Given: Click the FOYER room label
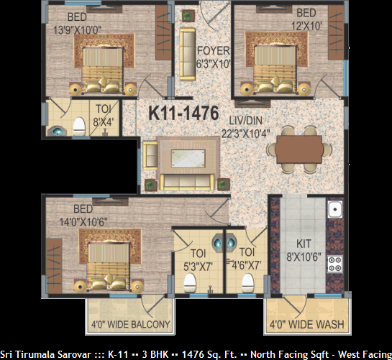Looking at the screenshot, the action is [x=213, y=51].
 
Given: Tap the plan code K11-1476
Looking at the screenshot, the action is [x=183, y=114].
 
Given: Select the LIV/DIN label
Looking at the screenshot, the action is [x=246, y=121].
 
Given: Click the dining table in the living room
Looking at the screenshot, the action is [x=298, y=149].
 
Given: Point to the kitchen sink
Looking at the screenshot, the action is [x=335, y=209].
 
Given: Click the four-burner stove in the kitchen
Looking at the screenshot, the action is [x=335, y=264].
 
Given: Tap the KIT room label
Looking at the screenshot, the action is [x=304, y=244].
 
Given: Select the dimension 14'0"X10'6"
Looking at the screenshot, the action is [x=83, y=221].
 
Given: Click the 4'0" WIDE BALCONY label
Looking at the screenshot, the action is [x=130, y=324].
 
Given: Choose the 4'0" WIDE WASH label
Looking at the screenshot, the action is [x=306, y=324].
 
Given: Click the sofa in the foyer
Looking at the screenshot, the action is [x=188, y=54].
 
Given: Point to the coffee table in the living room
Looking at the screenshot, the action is [x=188, y=159].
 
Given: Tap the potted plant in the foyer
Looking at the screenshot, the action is [x=188, y=16].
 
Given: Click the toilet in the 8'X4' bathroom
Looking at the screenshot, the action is [x=79, y=126].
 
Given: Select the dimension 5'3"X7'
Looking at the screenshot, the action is [x=198, y=267].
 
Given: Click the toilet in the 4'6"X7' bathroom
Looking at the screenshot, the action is [x=247, y=283].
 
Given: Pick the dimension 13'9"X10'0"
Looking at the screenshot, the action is [x=78, y=30].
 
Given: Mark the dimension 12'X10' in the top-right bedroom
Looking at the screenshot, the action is [x=306, y=26].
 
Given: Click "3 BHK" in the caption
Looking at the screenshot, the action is [x=155, y=354].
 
